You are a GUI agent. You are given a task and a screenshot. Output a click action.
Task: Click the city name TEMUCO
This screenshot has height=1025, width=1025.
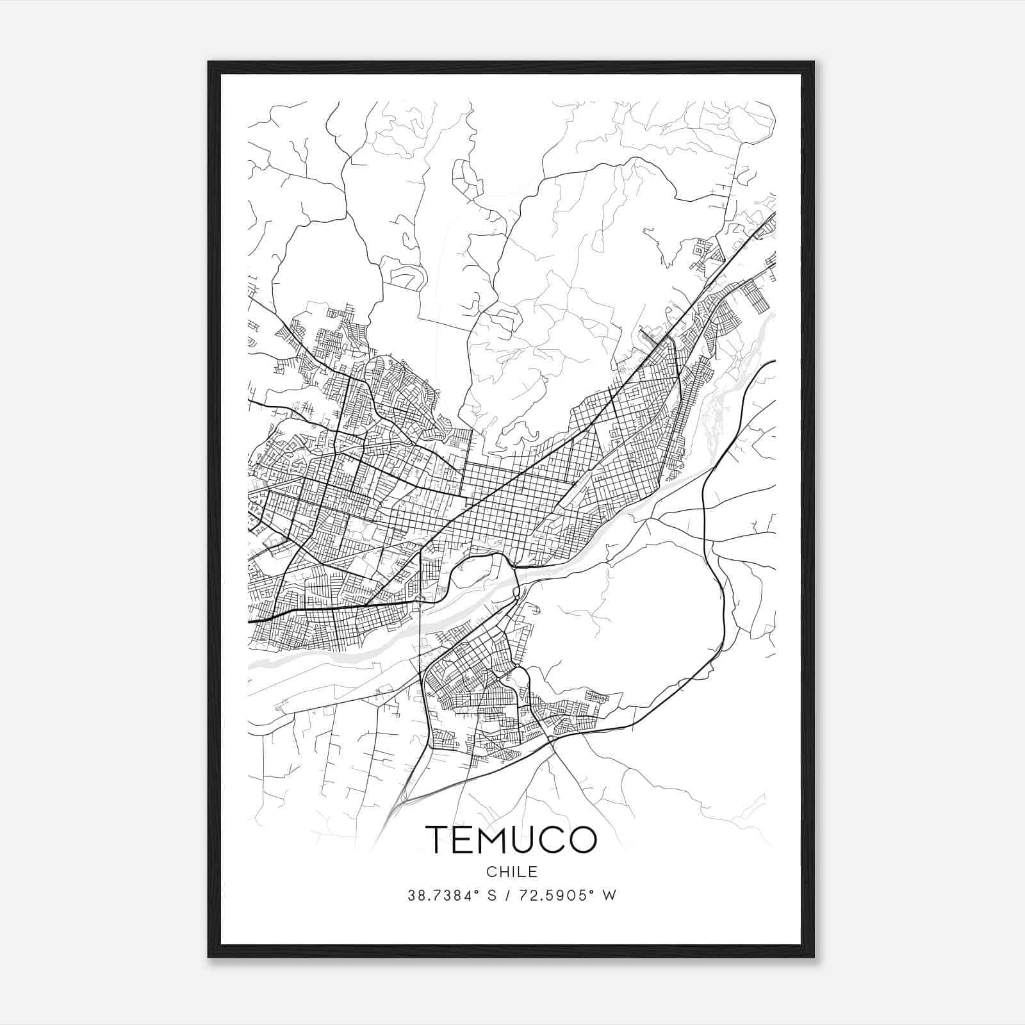point(511,839)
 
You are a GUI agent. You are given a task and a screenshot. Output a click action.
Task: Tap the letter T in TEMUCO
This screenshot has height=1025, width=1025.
point(438,839)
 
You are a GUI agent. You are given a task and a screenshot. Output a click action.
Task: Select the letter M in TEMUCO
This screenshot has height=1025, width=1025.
point(496,839)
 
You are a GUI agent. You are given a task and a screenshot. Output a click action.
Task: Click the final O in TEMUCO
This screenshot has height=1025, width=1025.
point(582,839)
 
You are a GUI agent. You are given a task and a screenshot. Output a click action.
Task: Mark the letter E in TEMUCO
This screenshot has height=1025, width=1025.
point(466,839)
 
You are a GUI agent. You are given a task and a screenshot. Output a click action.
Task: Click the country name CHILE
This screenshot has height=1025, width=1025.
point(511,872)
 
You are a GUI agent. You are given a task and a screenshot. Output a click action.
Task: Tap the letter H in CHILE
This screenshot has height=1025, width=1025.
point(503,872)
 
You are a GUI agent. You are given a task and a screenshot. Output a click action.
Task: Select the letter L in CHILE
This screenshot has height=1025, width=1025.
point(522,872)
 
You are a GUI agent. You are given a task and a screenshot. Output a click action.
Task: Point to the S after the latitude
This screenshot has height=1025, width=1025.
point(492,896)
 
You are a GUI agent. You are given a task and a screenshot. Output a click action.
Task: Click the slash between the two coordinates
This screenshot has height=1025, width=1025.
point(507,896)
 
